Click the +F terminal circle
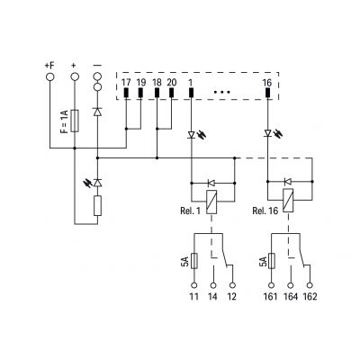[50, 76]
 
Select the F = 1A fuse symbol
[75, 121]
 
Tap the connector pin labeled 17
[126, 93]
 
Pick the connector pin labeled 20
[171, 93]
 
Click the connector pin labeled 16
[267, 93]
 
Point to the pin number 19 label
[140, 83]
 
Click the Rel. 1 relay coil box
[211, 202]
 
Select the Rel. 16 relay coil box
[288, 201]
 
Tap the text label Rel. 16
[265, 211]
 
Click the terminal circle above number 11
[194, 285]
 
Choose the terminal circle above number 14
[213, 285]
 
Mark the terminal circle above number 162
[310, 285]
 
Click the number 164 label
[291, 297]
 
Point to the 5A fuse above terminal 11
[194, 261]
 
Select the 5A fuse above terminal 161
[271, 261]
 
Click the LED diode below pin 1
[192, 135]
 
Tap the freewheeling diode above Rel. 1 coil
[211, 183]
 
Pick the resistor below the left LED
[97, 206]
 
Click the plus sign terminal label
[74, 65]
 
